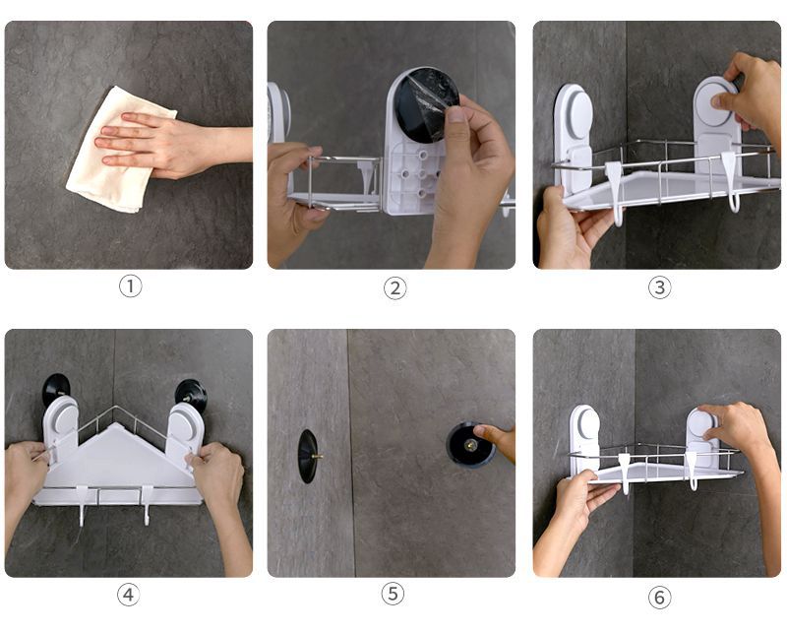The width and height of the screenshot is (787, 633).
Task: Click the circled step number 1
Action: [x=130, y=286]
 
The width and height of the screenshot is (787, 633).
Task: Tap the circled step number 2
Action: [x=395, y=288]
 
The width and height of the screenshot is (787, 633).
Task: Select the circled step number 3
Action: [x=659, y=287]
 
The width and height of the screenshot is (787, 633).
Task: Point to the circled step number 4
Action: [x=129, y=595]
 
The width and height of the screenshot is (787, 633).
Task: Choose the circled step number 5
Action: [x=393, y=594]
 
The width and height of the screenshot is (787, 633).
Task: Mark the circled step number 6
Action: [x=659, y=597]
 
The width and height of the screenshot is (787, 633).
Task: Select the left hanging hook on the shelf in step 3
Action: [x=614, y=192]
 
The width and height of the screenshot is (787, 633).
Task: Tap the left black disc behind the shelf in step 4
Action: [x=55, y=388]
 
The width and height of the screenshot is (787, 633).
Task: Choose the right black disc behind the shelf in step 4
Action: [x=191, y=394]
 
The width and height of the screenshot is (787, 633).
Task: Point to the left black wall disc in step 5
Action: [x=307, y=456]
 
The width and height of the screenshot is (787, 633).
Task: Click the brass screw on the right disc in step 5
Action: [x=471, y=444]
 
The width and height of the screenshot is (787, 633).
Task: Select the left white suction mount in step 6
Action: [x=584, y=438]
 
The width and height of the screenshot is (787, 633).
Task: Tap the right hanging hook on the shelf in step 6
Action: [x=693, y=471]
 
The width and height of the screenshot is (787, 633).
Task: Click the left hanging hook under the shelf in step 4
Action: [x=82, y=505]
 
